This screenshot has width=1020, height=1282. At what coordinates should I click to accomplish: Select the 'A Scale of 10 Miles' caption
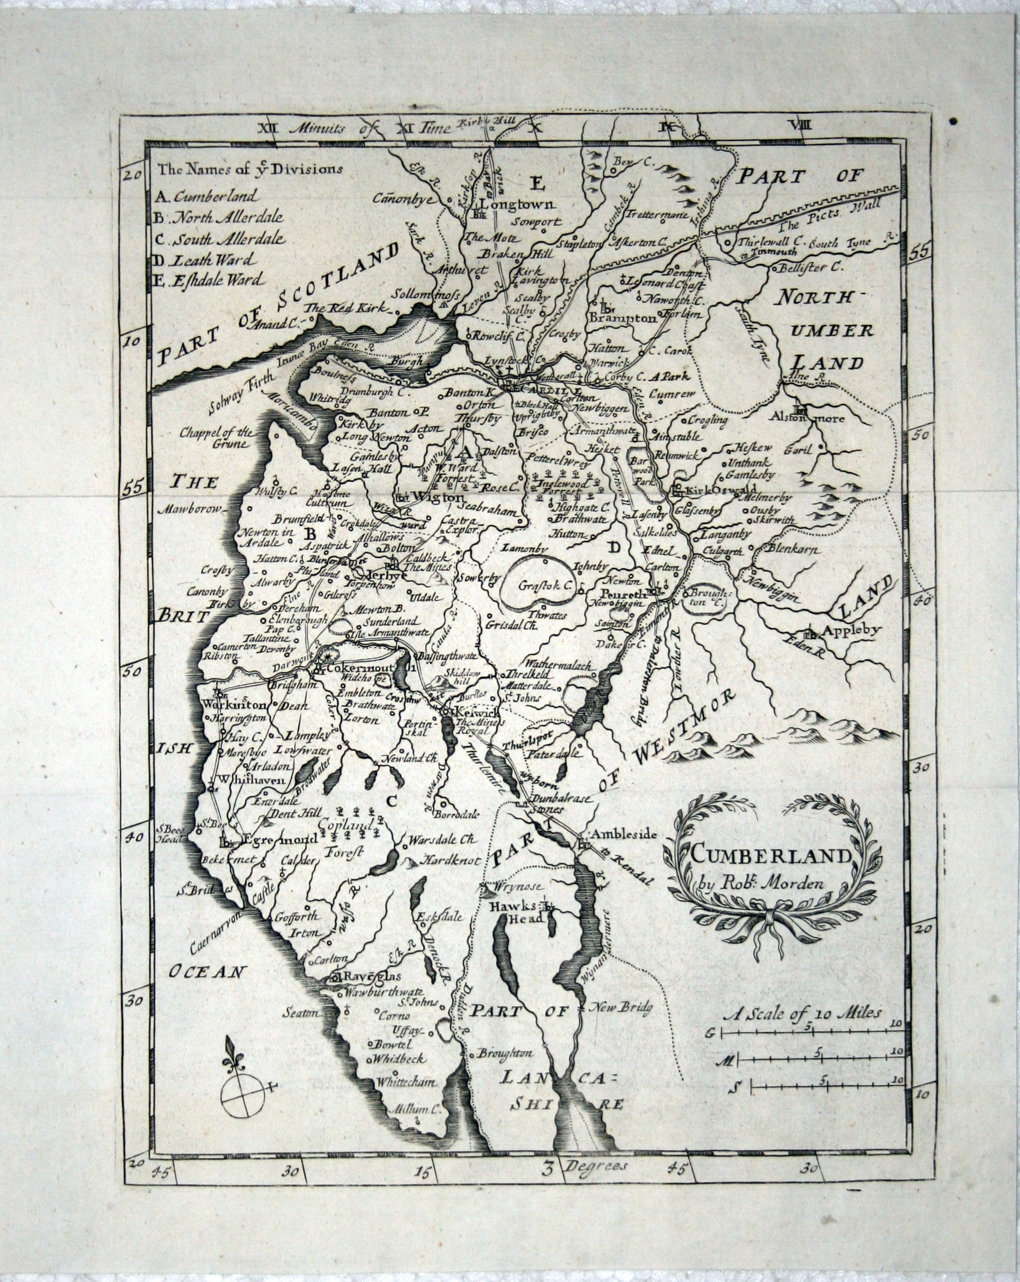tap(802, 1013)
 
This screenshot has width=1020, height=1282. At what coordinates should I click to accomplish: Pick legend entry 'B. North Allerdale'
tap(218, 218)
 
